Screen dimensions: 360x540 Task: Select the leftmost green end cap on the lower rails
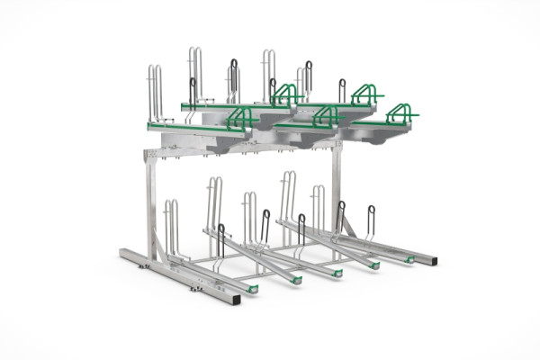(254, 288)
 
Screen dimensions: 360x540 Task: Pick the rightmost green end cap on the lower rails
(410, 259)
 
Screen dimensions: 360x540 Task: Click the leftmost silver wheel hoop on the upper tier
(156, 90)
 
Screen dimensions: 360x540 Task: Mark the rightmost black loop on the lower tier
(371, 220)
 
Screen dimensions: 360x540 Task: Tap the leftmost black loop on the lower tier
(220, 238)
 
